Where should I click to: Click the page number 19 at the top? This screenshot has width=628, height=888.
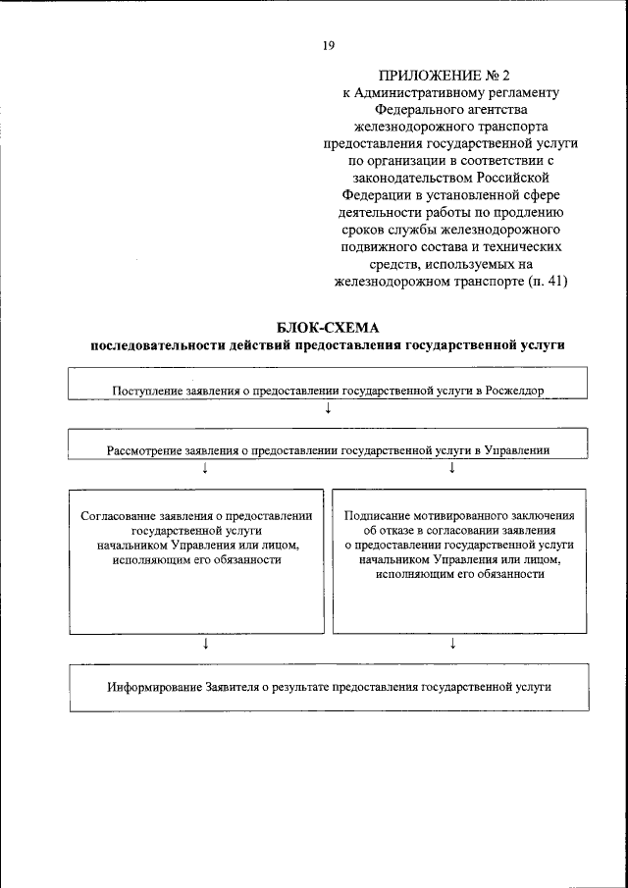pos(328,44)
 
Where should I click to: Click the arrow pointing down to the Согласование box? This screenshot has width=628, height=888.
pos(205,469)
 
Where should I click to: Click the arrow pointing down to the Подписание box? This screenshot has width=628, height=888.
pos(452,469)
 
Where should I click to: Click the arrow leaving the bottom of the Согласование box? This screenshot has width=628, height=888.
pos(205,644)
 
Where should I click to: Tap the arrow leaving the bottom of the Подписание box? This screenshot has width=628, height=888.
pos(452,644)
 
